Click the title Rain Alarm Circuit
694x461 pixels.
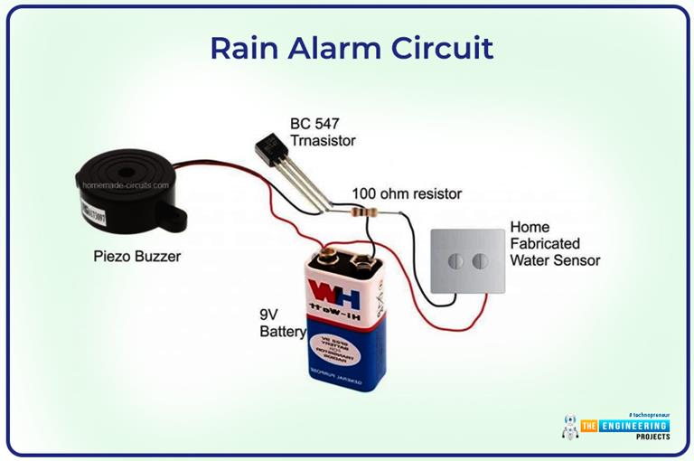point(352,47)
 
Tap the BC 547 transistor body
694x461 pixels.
point(270,148)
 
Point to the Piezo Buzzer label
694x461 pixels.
point(136,256)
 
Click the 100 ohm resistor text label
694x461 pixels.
point(407,193)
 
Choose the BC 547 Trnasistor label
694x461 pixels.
point(323,132)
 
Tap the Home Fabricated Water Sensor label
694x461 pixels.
point(555,243)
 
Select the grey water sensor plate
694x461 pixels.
point(467,262)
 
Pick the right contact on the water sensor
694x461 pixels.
point(479,261)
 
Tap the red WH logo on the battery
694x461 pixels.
point(335,295)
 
